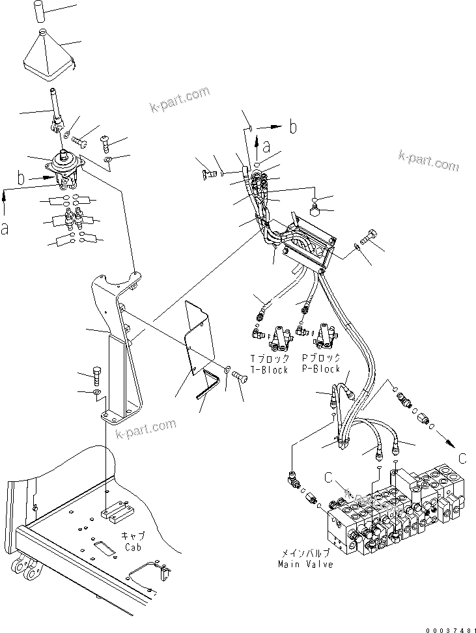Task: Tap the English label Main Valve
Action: point(305,564)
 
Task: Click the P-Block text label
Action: point(320,369)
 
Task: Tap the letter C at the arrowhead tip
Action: point(462,458)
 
